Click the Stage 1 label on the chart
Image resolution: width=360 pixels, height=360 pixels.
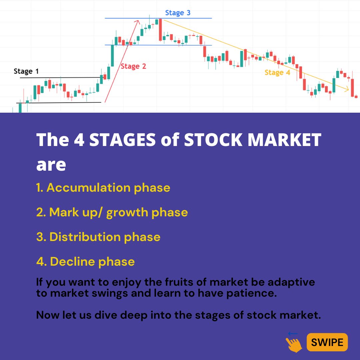26,71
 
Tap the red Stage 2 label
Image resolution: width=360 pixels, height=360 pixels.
133,66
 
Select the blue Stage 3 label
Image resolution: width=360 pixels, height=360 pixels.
178,13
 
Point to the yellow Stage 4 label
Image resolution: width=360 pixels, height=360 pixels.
277,72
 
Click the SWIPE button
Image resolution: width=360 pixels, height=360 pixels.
327,342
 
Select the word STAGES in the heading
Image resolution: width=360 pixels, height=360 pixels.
122,140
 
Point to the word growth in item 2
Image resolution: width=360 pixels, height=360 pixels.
127,213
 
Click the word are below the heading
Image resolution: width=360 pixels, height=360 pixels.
51,165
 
